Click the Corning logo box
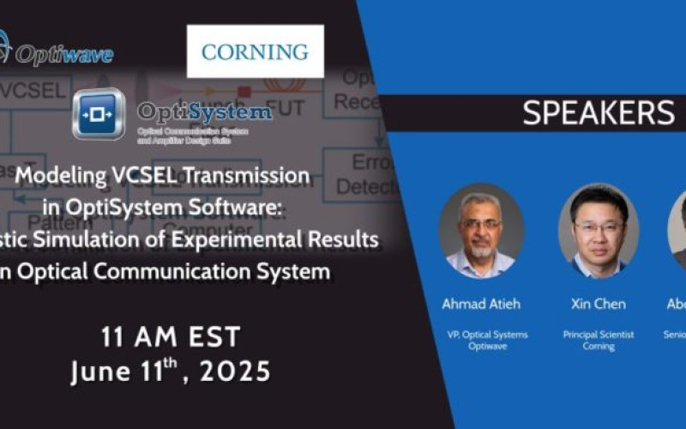pos(256,51)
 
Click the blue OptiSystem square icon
pos(99,114)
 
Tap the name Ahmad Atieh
pos(480,304)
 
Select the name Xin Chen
pos(598,304)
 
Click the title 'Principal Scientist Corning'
pos(598,341)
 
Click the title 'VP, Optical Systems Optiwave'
pos(480,341)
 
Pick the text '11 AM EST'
pos(170,337)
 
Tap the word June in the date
pos(99,372)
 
